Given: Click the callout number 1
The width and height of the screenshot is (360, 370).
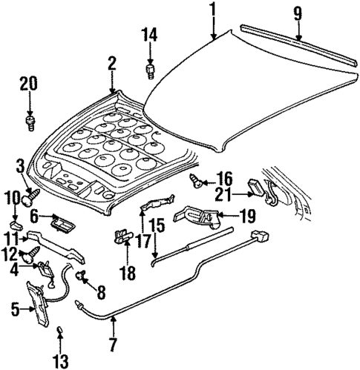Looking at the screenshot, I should [x=212, y=10].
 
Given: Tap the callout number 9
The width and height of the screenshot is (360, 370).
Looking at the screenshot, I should [x=297, y=13].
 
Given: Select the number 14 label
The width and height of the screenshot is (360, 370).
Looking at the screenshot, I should [x=151, y=34].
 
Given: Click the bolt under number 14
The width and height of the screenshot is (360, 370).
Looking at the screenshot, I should [x=151, y=71].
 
